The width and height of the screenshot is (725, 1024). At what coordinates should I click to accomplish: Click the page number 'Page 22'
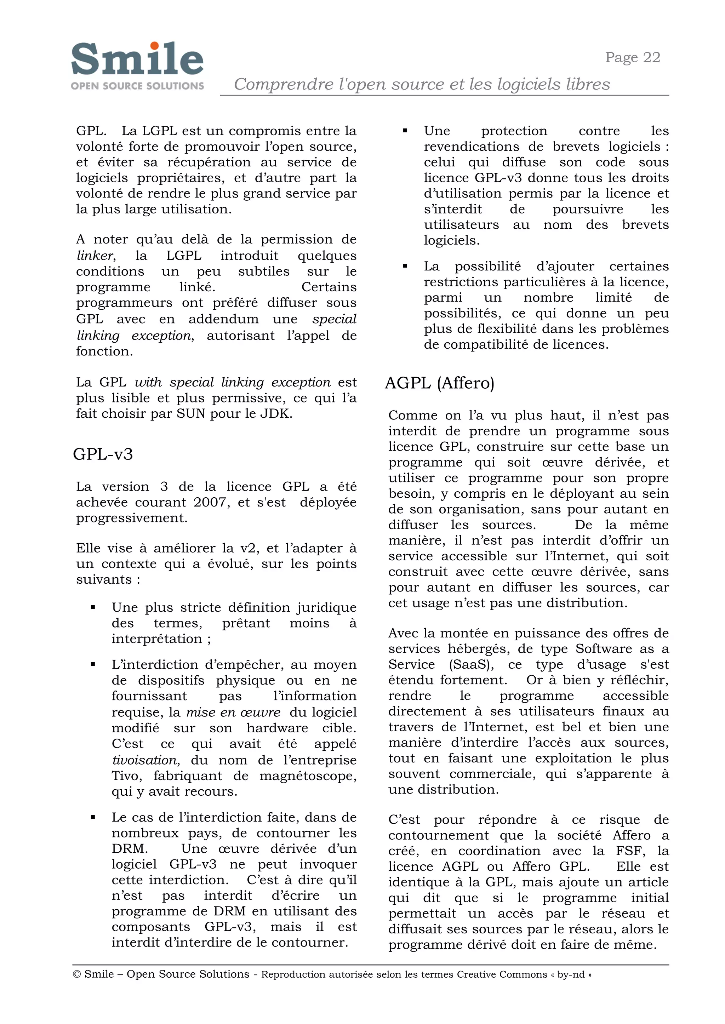632,58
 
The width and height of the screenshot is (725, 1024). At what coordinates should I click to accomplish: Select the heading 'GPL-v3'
103,454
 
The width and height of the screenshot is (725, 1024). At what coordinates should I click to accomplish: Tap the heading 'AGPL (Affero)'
439,383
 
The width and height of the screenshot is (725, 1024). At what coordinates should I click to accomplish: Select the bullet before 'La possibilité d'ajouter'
405,266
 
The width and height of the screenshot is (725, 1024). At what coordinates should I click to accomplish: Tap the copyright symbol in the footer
77,974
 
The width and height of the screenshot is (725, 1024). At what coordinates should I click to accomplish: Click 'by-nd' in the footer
571,974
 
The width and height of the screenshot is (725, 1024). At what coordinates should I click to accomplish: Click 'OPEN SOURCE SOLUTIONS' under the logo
137,86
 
